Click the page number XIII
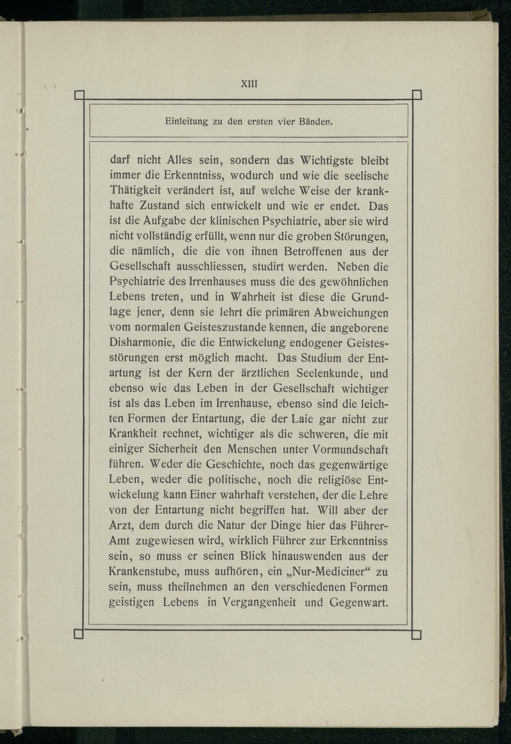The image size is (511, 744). pyautogui.click(x=249, y=84)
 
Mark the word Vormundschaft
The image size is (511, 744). pyautogui.click(x=350, y=449)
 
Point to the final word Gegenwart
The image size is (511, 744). pyautogui.click(x=359, y=602)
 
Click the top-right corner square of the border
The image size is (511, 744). pyautogui.click(x=417, y=95)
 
